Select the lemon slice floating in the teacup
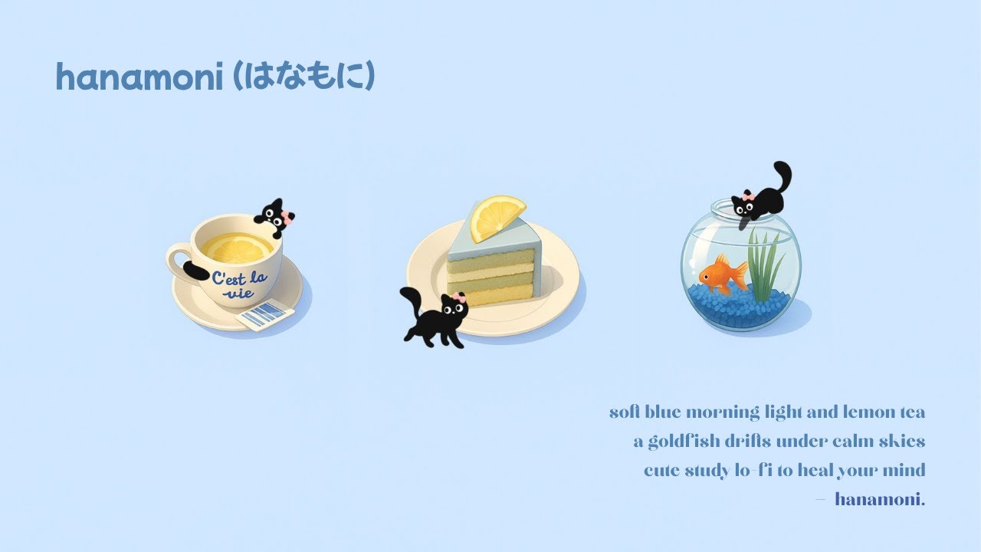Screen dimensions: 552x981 (x=237, y=246)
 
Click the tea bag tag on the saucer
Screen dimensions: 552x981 (x=265, y=314)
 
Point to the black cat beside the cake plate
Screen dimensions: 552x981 (x=436, y=317)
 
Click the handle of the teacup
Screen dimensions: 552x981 (x=178, y=261)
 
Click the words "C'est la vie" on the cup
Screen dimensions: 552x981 (x=239, y=284)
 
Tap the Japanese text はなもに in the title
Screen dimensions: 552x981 (x=304, y=77)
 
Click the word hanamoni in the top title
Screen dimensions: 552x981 (x=139, y=78)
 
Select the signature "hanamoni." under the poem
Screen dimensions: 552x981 (x=880, y=500)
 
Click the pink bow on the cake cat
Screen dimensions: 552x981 (x=458, y=297)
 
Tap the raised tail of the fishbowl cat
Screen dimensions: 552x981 (x=783, y=176)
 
